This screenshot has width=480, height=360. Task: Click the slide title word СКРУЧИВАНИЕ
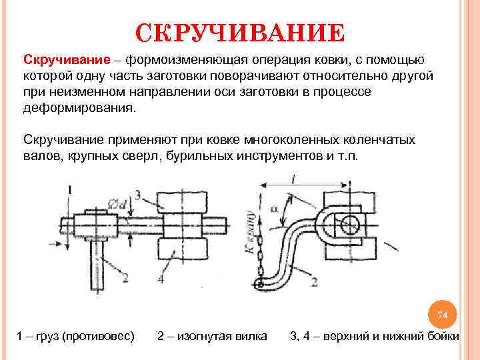click(x=240, y=31)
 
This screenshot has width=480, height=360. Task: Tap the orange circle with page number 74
click(x=443, y=314)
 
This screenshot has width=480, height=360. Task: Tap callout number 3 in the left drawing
click(x=138, y=195)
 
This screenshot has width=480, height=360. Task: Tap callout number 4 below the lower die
click(x=161, y=279)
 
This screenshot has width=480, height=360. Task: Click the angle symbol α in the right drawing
click(x=275, y=209)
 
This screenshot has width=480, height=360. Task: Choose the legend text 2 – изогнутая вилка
click(x=212, y=335)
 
